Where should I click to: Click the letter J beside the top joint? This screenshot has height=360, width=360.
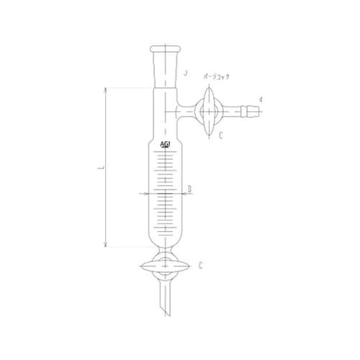(x=186, y=73)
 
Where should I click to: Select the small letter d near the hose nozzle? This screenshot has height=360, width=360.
(x=260, y=99)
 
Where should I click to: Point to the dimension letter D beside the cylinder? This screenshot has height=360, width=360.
(x=189, y=189)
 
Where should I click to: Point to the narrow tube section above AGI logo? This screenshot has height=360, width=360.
(x=165, y=122)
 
